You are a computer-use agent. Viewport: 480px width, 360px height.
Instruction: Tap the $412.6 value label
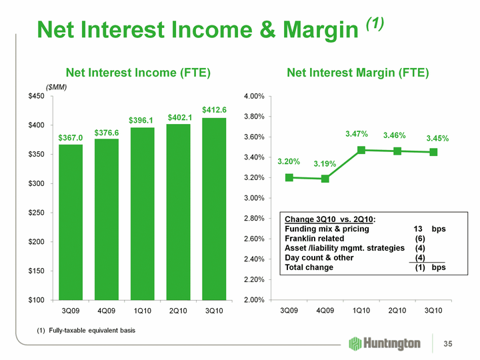[215, 109]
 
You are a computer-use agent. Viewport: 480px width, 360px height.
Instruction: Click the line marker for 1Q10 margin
[361, 150]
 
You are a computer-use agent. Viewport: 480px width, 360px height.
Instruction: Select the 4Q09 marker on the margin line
[325, 179]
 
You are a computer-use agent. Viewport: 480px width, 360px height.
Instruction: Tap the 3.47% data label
[357, 135]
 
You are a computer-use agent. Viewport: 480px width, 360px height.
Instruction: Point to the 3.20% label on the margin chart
[289, 161]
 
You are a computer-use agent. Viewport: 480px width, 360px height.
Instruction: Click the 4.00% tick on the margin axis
[257, 97]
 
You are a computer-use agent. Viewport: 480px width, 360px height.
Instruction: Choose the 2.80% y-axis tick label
[257, 219]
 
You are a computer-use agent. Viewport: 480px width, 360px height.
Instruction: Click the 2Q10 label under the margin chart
[397, 311]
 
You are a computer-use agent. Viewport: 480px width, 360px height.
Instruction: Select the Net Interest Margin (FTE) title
[357, 72]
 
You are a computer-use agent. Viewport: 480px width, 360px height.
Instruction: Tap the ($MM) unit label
[57, 87]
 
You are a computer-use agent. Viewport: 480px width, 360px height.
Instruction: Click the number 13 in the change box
[419, 229]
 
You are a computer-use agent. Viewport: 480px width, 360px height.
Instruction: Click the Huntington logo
[385, 343]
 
